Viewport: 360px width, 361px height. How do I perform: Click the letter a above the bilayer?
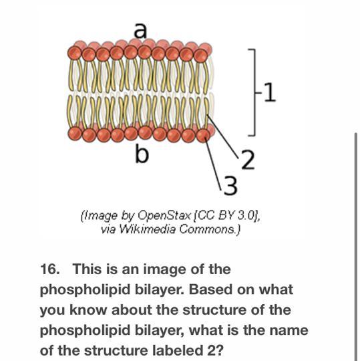[x=140, y=31]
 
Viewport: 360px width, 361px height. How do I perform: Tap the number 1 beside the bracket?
[x=269, y=92]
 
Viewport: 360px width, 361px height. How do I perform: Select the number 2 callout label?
[x=248, y=159]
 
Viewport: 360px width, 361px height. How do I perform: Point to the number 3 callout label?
[x=230, y=186]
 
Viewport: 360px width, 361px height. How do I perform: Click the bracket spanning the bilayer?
[x=254, y=92]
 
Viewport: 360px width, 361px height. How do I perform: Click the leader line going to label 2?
[x=223, y=136]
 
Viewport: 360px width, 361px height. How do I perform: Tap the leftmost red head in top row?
[x=74, y=53]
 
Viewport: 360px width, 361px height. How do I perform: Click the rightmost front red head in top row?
[x=200, y=56]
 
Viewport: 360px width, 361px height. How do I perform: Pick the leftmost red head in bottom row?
[x=75, y=133]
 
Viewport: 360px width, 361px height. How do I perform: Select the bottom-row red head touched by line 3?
[x=203, y=136]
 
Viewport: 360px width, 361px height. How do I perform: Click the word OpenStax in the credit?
[x=164, y=215]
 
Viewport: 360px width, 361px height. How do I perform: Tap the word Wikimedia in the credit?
[x=148, y=229]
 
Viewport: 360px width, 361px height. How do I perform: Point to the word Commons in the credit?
[x=208, y=229]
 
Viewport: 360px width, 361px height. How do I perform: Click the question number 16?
[x=49, y=269]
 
